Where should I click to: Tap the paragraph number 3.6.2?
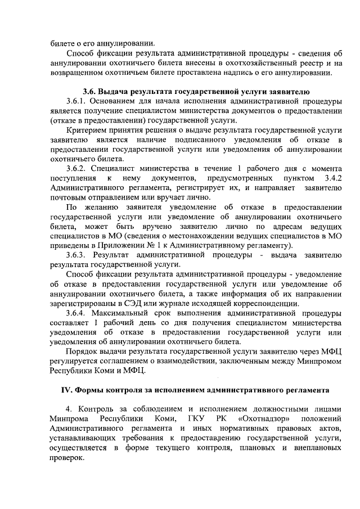coord(77,169)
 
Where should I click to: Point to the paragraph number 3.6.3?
coord(77,255)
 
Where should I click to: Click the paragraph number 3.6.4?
coord(77,313)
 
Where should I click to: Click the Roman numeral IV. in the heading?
coord(67,390)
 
